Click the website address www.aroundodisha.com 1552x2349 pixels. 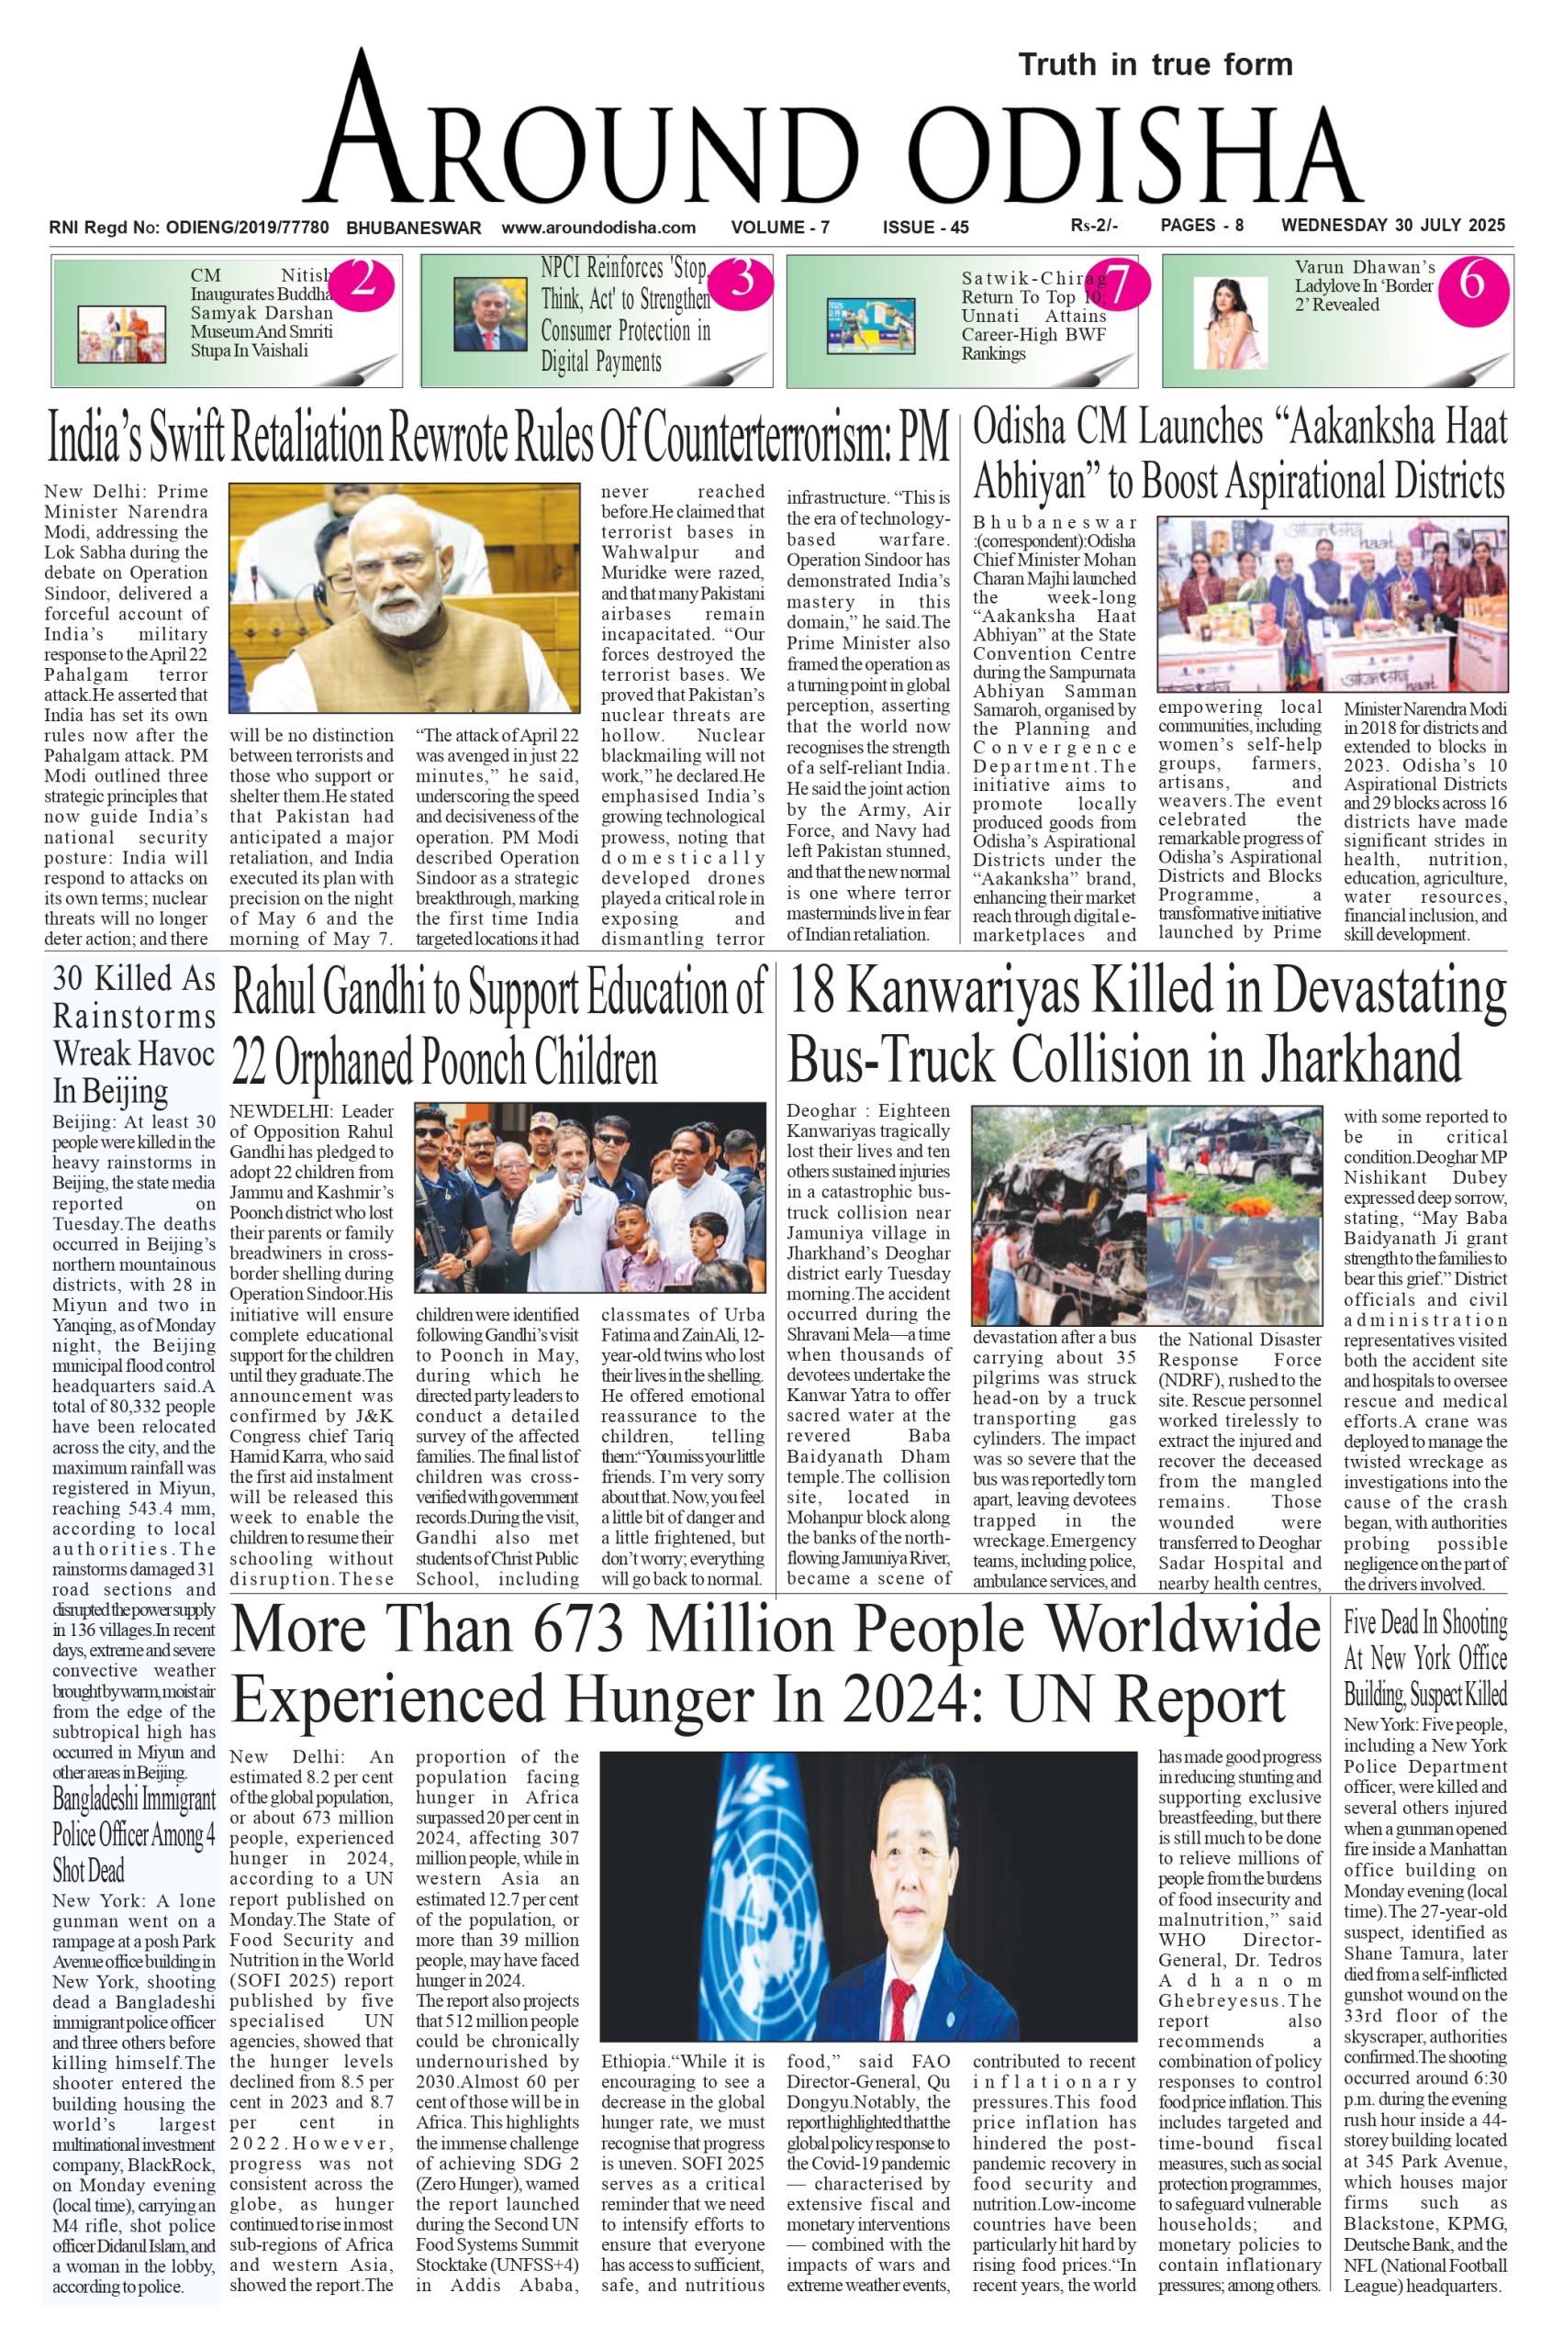[x=597, y=228]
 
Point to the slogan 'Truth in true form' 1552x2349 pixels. [x=1156, y=65]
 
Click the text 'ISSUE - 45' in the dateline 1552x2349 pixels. [x=925, y=228]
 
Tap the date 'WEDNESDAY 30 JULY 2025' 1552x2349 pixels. [x=1392, y=226]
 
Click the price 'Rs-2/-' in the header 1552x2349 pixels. [x=1094, y=226]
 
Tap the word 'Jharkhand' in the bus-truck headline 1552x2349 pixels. [x=1360, y=1060]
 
